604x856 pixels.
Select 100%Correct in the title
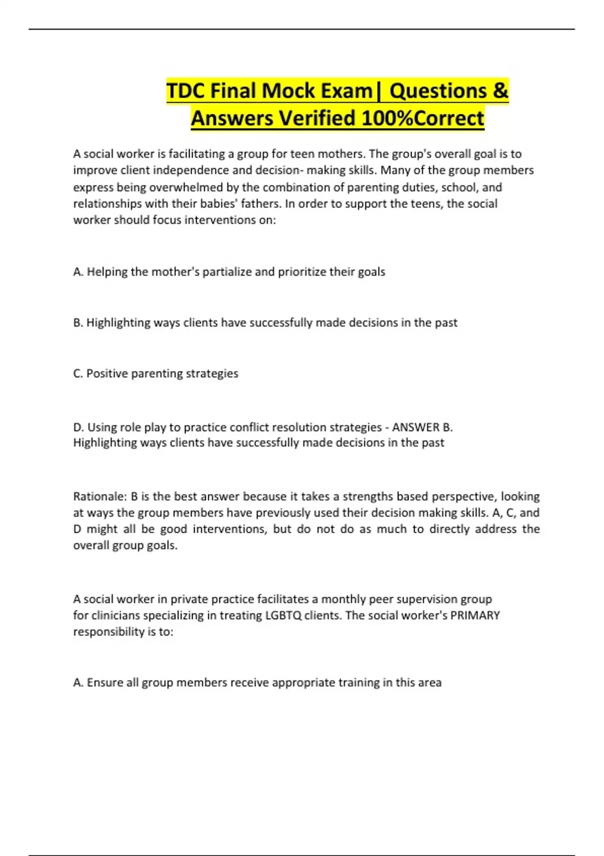click(x=423, y=119)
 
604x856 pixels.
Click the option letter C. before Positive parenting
click(x=78, y=374)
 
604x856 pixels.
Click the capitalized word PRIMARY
click(x=475, y=615)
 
